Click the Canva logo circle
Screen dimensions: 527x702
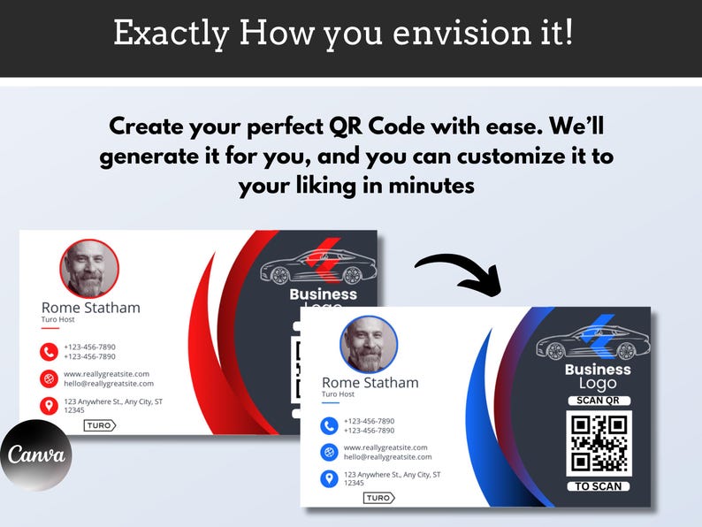[x=35, y=455]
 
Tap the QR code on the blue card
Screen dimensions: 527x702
[x=599, y=443]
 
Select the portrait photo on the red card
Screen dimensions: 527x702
[x=89, y=269]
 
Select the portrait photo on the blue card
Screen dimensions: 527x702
[x=369, y=345]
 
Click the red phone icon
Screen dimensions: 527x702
[x=49, y=351]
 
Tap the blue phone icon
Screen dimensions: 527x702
[x=329, y=425]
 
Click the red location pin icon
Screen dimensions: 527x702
[x=49, y=406]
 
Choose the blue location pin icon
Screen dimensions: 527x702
[x=329, y=478]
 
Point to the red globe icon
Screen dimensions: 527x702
[x=49, y=378]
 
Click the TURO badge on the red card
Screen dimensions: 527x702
[x=100, y=425]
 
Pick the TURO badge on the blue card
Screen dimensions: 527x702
[x=379, y=498]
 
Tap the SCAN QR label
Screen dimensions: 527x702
[x=598, y=401]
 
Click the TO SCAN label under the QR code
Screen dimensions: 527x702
[x=599, y=486]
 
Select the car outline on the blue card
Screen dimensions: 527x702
[x=591, y=339]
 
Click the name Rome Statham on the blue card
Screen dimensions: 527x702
[x=370, y=382]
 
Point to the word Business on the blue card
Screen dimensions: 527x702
[x=598, y=369]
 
